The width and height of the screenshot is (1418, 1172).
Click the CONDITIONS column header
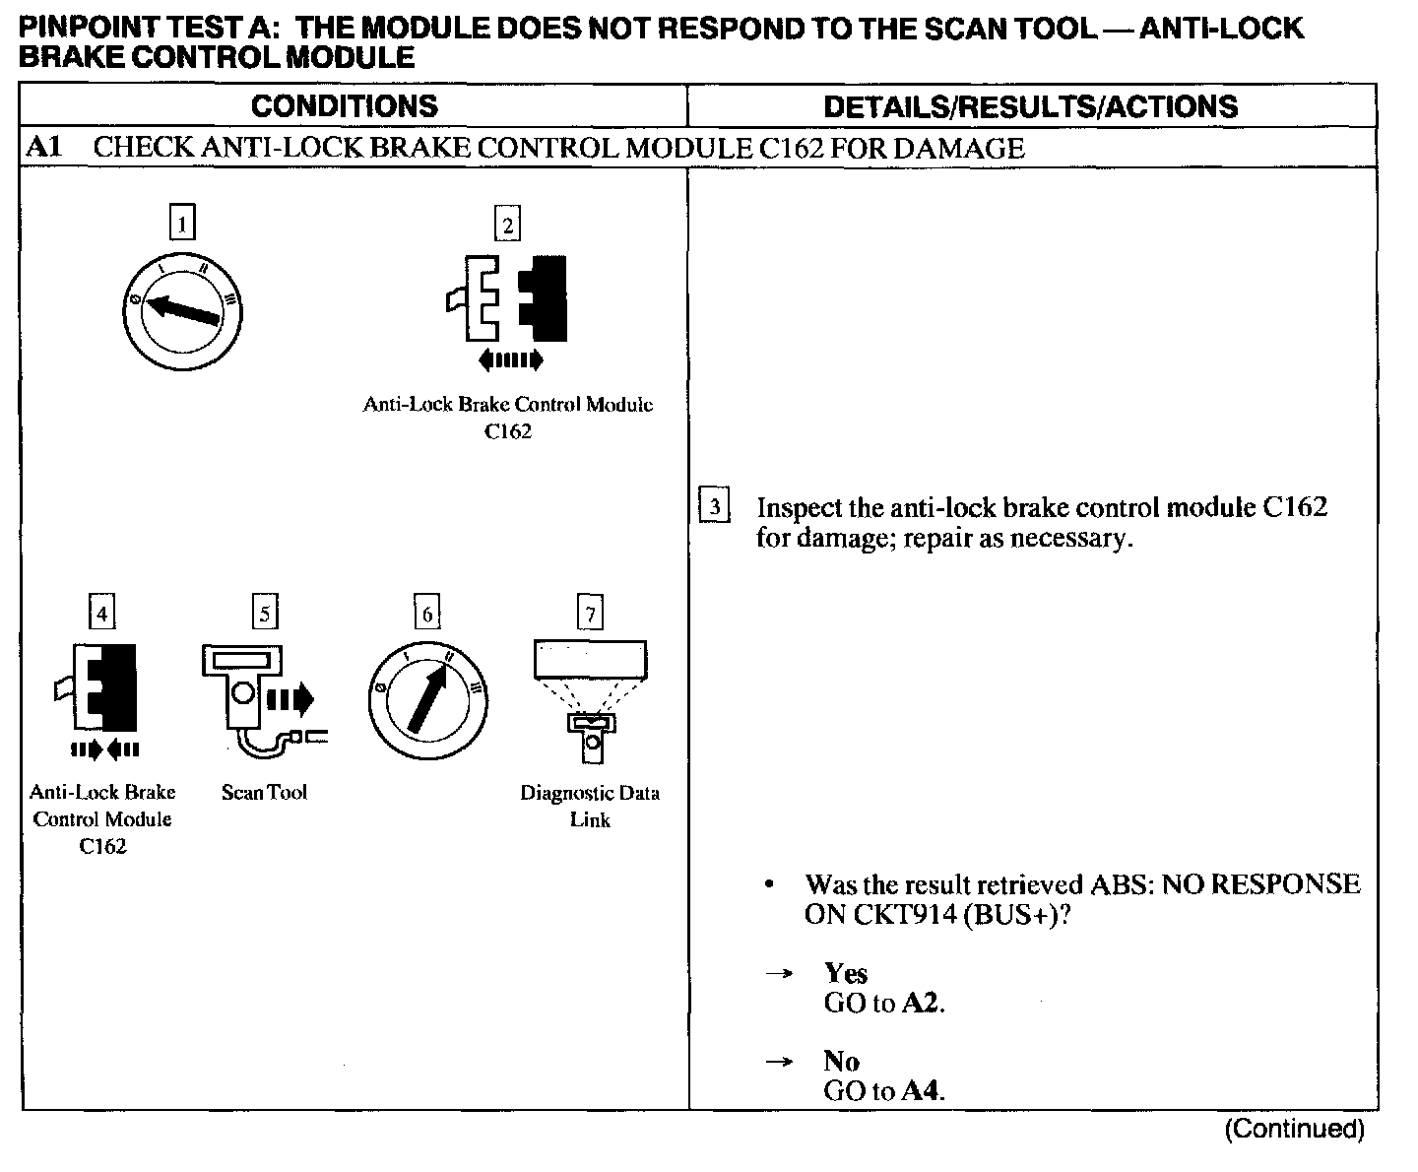click(x=344, y=106)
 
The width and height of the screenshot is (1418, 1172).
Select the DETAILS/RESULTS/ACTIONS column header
click(x=1030, y=106)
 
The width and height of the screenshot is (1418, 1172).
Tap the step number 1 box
click(x=182, y=222)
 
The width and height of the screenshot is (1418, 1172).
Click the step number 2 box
click(x=507, y=225)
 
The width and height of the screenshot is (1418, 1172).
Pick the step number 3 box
click(x=714, y=506)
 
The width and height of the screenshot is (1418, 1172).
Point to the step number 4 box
click(x=101, y=613)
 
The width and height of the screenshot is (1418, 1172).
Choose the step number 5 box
click(x=264, y=613)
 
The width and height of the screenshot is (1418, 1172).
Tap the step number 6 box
click(x=426, y=613)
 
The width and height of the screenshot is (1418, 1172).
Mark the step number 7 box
click(x=590, y=614)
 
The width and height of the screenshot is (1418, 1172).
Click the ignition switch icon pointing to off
click(x=182, y=313)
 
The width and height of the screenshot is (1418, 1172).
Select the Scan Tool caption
click(x=264, y=792)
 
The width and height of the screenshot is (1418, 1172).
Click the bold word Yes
click(x=846, y=973)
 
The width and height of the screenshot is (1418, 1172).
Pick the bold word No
click(x=842, y=1061)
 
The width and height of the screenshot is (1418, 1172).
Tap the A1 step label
click(x=44, y=148)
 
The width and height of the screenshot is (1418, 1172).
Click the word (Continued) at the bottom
click(x=1294, y=1129)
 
